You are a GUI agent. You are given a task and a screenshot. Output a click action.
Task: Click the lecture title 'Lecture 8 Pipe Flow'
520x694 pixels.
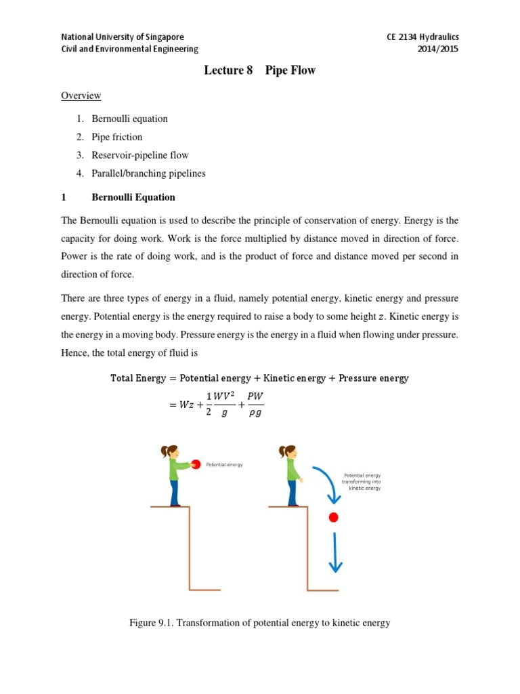point(260,70)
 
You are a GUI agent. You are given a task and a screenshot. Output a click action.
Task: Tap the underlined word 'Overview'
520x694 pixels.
point(81,96)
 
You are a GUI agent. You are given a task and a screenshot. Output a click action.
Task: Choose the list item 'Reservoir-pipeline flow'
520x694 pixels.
point(141,155)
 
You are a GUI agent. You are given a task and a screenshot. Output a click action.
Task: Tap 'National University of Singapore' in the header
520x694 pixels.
point(122,37)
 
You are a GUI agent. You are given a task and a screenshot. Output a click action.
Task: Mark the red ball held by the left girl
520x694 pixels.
point(196,464)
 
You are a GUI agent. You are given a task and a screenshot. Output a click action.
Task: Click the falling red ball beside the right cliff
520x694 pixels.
point(333,518)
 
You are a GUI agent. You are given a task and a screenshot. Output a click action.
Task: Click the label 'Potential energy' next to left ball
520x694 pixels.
point(224,465)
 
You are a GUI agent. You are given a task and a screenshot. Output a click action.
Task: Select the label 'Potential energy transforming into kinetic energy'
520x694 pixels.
point(362,481)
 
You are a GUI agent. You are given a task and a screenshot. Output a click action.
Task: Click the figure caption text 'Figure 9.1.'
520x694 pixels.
point(155,623)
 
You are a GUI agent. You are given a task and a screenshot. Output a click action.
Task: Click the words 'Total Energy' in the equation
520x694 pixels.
point(138,378)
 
